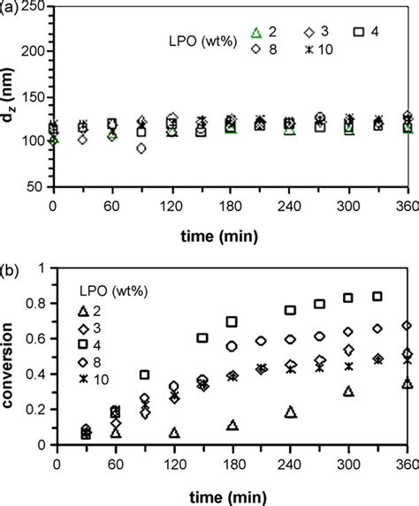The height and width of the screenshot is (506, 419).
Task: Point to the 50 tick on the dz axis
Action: (x=40, y=186)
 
